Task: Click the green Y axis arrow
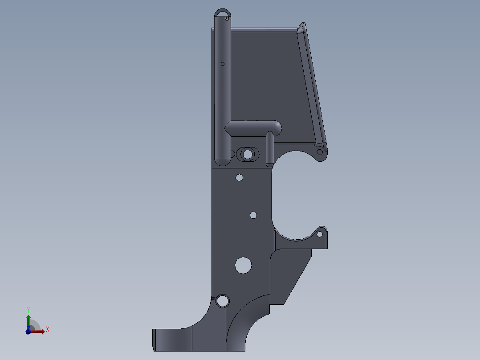coord(28,320)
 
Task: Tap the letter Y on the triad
coord(28,310)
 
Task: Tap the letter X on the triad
coord(48,330)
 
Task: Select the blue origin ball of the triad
coord(28,331)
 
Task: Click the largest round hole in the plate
coord(243,265)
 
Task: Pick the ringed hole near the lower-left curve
coord(222,301)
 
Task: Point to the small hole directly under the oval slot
coord(239,177)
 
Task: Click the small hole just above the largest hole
coord(253,215)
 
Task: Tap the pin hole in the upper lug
coord(319,152)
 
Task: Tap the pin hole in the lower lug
coord(320,233)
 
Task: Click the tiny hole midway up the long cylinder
coord(223,64)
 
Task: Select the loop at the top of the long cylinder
coord(223,14)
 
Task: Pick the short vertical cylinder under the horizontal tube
coord(270,149)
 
